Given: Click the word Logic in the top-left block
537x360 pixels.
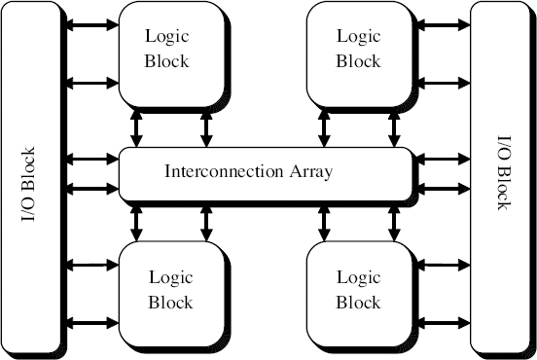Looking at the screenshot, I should pyautogui.click(x=167, y=37).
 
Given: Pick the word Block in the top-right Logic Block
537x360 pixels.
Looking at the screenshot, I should pyautogui.click(x=358, y=60).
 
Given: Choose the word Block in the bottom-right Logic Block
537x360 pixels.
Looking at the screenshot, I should pyautogui.click(x=358, y=303).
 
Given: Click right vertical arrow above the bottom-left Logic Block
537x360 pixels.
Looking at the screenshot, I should pyautogui.click(x=206, y=222).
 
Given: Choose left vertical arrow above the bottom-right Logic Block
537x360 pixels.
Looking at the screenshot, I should pyautogui.click(x=323, y=222).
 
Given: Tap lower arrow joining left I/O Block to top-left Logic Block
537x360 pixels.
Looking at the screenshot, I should pyautogui.click(x=92, y=83).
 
